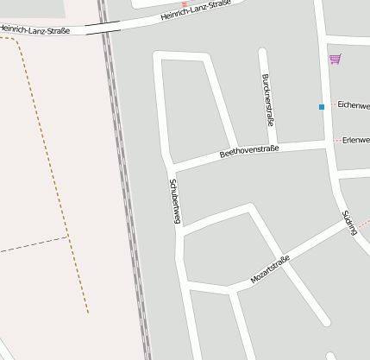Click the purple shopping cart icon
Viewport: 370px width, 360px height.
click(x=335, y=59)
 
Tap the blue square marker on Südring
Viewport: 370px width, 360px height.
click(x=322, y=107)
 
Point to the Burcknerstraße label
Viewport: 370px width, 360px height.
click(x=267, y=100)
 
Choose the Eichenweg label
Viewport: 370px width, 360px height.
click(x=354, y=105)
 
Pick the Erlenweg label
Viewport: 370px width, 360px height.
click(x=355, y=140)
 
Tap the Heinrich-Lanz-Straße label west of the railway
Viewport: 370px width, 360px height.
click(x=34, y=30)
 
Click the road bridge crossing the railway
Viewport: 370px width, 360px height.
click(x=103, y=28)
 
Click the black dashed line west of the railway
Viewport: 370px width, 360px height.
click(x=34, y=244)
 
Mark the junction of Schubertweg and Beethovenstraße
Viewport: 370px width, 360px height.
click(x=168, y=164)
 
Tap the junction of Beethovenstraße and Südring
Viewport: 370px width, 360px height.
click(x=329, y=145)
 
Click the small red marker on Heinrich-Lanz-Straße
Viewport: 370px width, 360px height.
click(x=184, y=4)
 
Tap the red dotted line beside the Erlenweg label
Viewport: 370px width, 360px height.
click(x=337, y=140)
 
